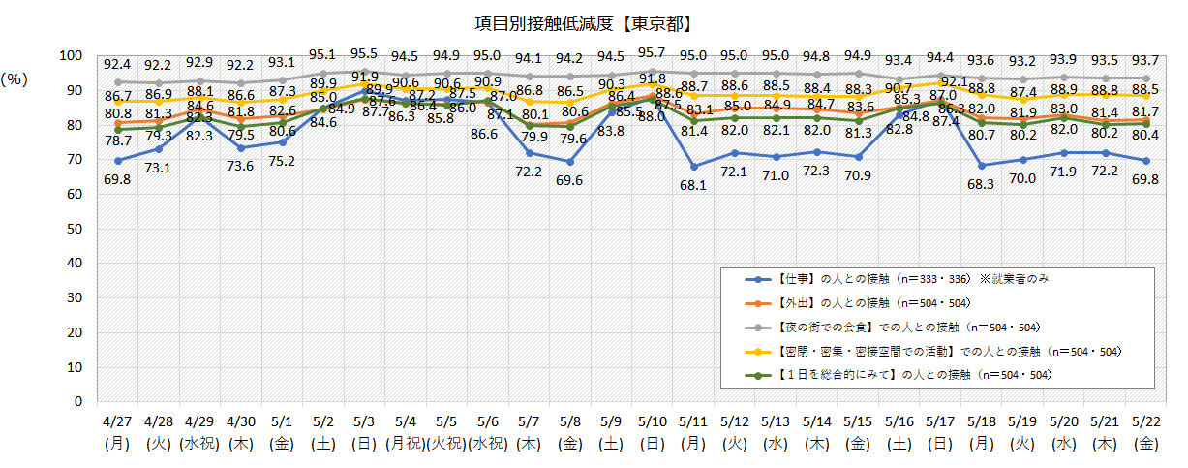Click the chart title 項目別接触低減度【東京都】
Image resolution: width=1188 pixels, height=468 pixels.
pos(594,21)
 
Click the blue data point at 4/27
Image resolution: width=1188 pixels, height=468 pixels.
pos(117,161)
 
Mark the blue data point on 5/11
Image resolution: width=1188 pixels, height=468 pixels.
pos(693,167)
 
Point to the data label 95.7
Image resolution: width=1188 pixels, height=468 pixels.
pos(652,52)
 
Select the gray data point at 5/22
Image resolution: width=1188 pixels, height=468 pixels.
pos(1146,78)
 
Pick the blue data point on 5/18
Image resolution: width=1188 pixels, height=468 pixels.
pos(982,166)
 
